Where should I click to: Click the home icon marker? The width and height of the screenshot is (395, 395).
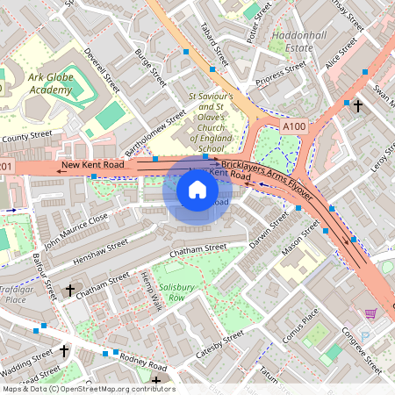click(x=197, y=190)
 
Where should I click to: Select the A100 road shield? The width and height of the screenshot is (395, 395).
click(x=295, y=127)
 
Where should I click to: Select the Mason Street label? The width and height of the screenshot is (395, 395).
click(x=299, y=240)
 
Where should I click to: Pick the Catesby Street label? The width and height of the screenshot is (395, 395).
click(x=219, y=346)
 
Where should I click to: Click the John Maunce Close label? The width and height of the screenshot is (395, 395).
click(x=76, y=228)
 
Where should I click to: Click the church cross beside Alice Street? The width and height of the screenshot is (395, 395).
click(x=357, y=106)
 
